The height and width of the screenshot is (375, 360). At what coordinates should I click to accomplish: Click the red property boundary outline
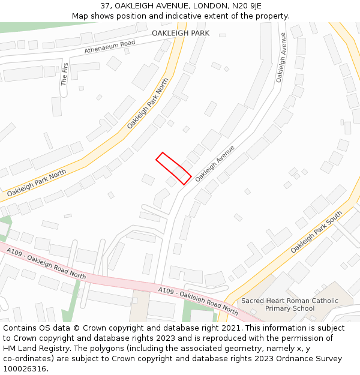click(x=173, y=168)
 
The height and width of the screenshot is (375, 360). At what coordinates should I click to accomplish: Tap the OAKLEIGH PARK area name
click(x=181, y=33)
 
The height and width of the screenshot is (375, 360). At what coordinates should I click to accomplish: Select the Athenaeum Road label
click(x=110, y=47)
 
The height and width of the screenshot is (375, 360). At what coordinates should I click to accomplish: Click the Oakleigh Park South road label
click(x=316, y=232)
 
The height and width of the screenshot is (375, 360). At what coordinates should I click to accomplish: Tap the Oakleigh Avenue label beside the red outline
click(x=214, y=163)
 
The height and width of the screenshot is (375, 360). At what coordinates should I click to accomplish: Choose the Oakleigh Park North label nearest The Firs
click(x=148, y=103)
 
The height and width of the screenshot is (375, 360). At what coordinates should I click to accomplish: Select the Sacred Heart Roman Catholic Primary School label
click(x=290, y=305)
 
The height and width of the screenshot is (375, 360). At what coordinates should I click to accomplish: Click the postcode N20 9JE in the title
click(x=248, y=6)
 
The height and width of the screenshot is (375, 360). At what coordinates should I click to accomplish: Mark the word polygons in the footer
click(x=118, y=349)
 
